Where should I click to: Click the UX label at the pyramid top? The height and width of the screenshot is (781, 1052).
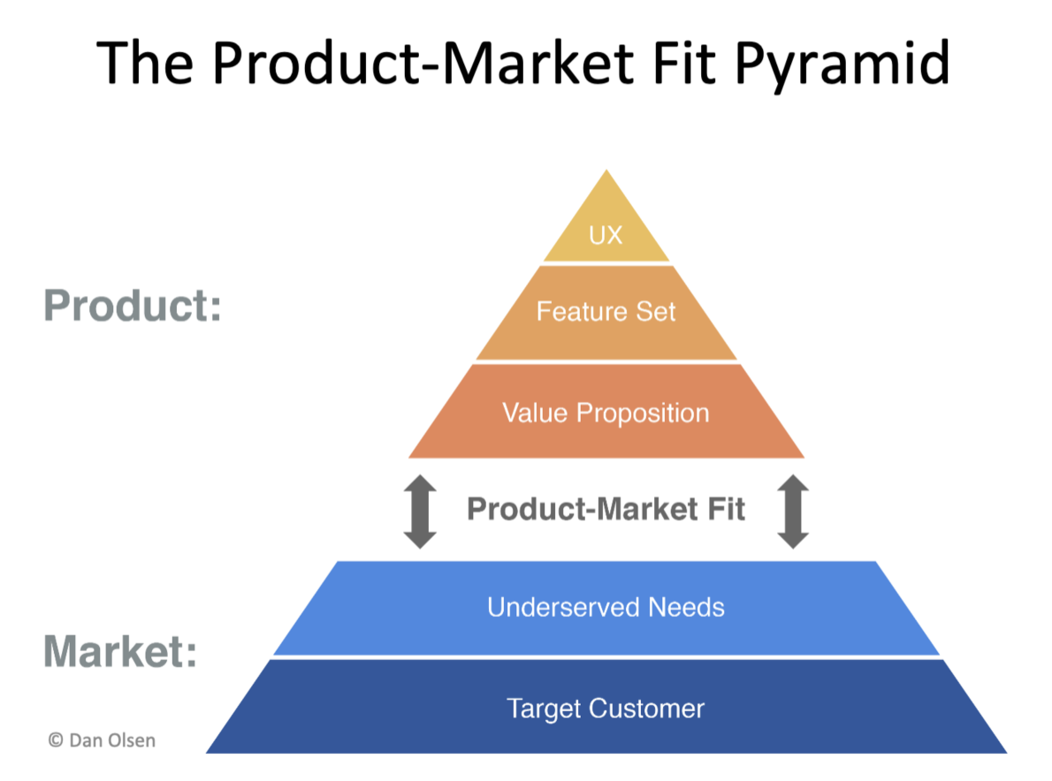[606, 235]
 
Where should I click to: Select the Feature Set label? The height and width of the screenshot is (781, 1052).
[606, 312]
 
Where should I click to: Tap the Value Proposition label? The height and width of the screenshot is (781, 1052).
[606, 413]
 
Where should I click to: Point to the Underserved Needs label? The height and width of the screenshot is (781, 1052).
[606, 607]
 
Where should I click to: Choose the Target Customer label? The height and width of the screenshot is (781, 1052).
[606, 709]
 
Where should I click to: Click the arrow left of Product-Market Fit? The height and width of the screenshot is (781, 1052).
[420, 512]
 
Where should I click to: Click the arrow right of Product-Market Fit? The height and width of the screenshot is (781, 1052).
[793, 512]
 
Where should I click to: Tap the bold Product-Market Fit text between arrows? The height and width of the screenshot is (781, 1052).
[606, 509]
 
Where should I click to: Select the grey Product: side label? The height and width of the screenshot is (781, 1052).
[133, 306]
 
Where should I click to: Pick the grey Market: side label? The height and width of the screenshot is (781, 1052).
[121, 651]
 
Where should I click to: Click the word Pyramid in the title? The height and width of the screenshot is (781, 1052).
[842, 64]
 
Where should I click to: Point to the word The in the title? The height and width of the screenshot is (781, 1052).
[146, 63]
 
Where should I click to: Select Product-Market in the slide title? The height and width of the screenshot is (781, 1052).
[423, 63]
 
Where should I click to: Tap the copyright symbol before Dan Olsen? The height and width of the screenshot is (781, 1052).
[56, 740]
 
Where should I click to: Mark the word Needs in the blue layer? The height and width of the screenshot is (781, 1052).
[686, 607]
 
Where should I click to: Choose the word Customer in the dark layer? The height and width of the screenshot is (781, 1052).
[647, 709]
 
